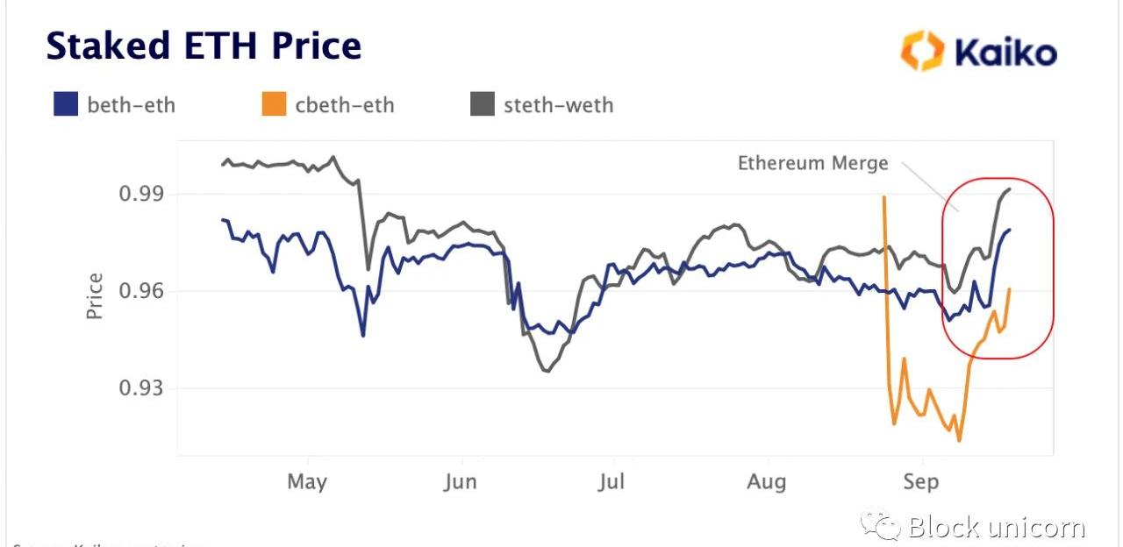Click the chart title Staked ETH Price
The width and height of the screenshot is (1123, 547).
point(204,46)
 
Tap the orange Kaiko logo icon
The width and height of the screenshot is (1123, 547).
point(921,51)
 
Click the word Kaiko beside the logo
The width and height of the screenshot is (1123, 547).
point(1005,53)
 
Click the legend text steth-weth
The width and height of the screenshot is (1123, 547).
point(558,106)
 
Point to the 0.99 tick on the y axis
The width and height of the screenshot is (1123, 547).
point(142,194)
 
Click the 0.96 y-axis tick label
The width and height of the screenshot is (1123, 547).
point(142,291)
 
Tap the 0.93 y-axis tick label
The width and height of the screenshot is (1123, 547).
point(142,387)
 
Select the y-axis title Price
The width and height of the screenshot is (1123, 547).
point(95,296)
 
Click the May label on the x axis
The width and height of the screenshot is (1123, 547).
point(307,481)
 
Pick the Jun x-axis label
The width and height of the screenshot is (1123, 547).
point(461,481)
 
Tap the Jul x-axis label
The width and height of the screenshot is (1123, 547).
point(612,481)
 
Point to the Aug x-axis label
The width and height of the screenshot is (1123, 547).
point(767,481)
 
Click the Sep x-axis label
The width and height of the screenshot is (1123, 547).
point(920,481)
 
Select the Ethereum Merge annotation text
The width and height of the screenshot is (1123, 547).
point(812,163)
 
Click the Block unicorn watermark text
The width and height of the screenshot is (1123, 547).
point(996,527)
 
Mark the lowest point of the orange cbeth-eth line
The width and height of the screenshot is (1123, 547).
point(959,440)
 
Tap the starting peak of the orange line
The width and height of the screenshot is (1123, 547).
point(883,196)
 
